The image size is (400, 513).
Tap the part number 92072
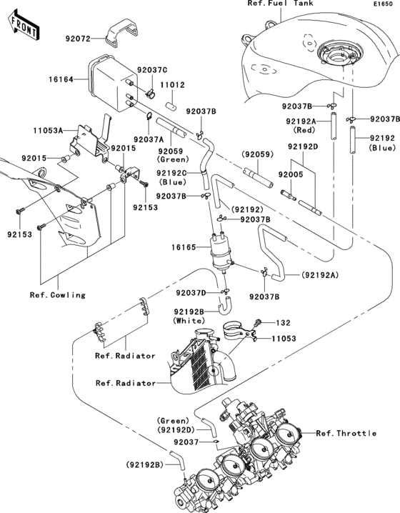tap(78, 39)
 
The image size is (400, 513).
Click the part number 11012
tap(172, 85)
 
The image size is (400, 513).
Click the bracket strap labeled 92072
tap(121, 31)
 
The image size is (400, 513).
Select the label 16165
tap(184, 247)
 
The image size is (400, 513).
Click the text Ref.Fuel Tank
tap(280, 4)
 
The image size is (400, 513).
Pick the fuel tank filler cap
tap(340, 54)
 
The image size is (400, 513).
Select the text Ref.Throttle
tap(346, 433)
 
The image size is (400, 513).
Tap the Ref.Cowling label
tap(58, 295)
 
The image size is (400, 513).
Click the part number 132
tap(284, 322)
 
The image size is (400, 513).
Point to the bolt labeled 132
tap(258, 322)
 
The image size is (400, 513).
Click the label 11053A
tap(48, 131)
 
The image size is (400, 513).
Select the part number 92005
tap(291, 174)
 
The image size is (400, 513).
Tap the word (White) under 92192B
tap(189, 320)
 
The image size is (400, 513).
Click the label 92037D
tap(191, 292)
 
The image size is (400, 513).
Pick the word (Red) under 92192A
tap(304, 130)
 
